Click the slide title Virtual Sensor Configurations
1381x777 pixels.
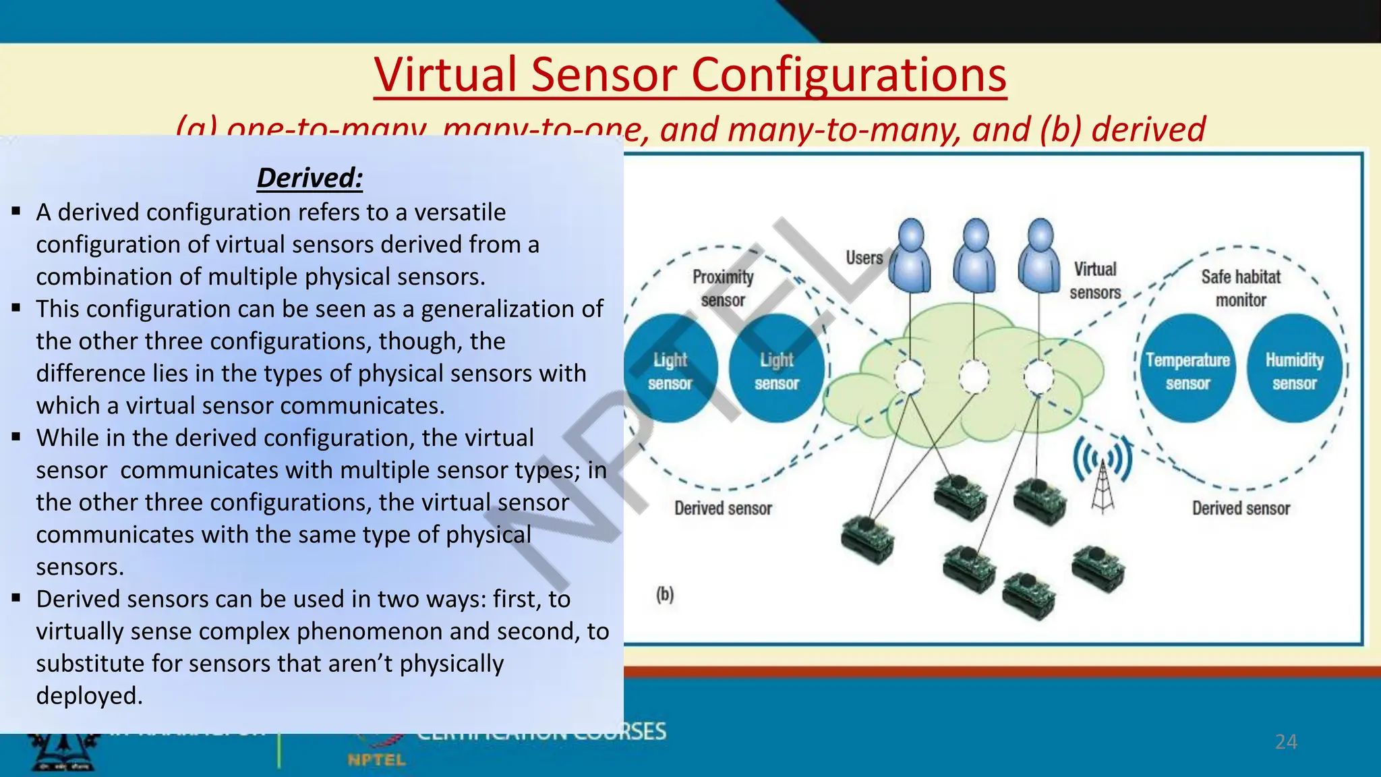coord(690,74)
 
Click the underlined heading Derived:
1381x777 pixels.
coord(310,178)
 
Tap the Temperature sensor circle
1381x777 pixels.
coord(1187,370)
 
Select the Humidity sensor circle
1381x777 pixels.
coord(1294,370)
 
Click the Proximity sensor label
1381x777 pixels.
coord(723,288)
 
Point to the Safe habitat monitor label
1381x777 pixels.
coord(1241,288)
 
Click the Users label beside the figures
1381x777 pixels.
coord(864,258)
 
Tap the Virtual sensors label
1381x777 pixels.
coord(1095,281)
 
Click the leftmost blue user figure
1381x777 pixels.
coord(910,256)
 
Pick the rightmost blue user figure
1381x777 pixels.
coord(1040,256)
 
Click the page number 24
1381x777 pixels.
coord(1286,742)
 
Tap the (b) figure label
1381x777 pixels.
coord(665,594)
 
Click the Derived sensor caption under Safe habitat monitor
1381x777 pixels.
coord(1241,509)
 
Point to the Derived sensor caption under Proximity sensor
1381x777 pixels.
coord(723,509)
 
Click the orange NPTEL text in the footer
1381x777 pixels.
coord(376,760)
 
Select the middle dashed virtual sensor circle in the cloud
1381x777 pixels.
coord(974,377)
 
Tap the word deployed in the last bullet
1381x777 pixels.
coord(89,696)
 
